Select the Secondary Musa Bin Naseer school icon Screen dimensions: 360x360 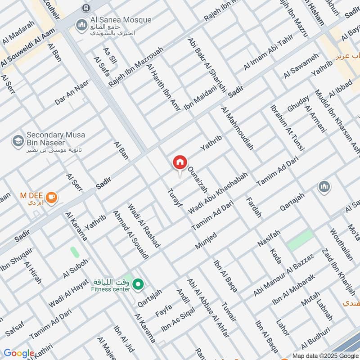(x=18, y=141)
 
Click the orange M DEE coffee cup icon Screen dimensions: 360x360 (x=52, y=197)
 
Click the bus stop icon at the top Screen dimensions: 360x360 (x=86, y=8)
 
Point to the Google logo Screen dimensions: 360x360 (x=19, y=353)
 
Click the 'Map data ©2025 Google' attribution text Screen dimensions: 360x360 (x=325, y=355)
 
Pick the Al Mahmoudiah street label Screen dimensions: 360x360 (x=237, y=128)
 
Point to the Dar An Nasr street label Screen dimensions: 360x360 (x=72, y=93)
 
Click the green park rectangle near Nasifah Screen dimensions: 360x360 (x=300, y=240)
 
